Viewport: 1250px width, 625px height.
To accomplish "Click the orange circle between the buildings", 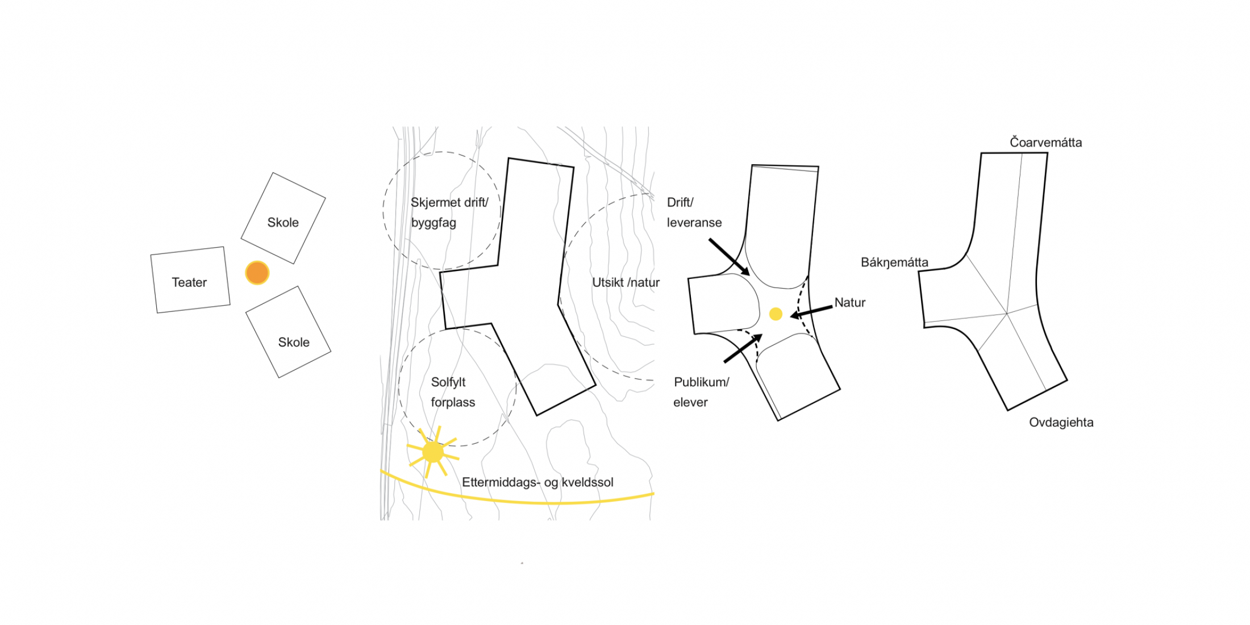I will (257, 273).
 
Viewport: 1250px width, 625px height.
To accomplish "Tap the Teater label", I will (189, 282).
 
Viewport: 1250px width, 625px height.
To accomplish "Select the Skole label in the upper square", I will (283, 223).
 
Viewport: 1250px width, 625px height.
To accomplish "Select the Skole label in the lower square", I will (294, 343).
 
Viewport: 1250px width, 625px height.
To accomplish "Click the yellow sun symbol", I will (433, 452).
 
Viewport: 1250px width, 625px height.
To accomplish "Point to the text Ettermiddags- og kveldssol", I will (537, 482).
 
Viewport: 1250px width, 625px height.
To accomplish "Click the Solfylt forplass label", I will (452, 392).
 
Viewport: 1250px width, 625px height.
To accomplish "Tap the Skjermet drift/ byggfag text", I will (449, 213).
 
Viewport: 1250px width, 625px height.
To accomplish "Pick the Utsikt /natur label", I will (626, 282).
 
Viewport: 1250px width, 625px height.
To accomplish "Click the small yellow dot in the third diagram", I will (776, 314).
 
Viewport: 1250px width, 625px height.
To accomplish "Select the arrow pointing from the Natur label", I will (811, 311).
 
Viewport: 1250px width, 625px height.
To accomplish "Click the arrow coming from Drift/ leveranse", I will (729, 257).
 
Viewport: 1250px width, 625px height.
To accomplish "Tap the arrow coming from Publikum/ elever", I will (743, 348).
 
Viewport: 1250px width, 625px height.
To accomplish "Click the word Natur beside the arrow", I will (849, 303).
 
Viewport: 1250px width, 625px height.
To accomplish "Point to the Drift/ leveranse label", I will (694, 213).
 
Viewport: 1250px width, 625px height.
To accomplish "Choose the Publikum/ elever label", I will (701, 392).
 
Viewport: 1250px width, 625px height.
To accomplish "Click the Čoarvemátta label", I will (1045, 143).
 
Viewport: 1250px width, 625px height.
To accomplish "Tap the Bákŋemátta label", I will (894, 262).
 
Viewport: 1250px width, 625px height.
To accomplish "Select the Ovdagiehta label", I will (1061, 423).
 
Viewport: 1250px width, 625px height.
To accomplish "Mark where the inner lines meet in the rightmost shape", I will (1007, 313).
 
